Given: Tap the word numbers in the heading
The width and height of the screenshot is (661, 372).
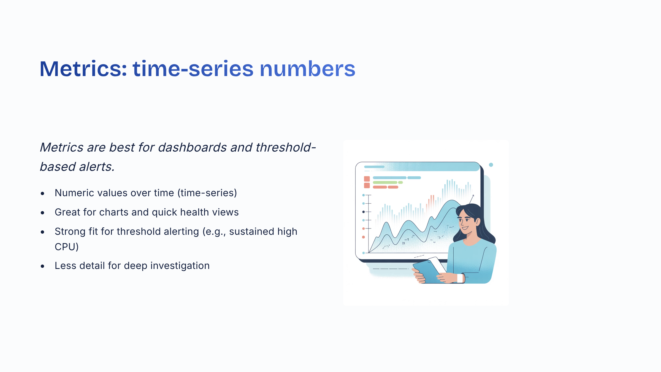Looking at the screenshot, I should click(307, 69).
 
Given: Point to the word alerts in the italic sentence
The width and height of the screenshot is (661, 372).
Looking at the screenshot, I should click(97, 167).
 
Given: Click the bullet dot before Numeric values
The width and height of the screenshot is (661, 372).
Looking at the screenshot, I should click(42, 194).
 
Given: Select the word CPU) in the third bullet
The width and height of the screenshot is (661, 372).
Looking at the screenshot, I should click(67, 247).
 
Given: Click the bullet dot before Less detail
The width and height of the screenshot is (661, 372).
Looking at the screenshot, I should click(42, 266).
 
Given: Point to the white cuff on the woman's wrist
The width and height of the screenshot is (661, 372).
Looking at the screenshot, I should click(460, 278).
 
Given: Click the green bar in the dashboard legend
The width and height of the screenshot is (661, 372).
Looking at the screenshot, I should click(385, 182).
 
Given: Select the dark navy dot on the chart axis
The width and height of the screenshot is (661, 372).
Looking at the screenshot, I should click(364, 212).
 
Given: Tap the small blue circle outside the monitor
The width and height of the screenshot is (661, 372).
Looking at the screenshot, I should click(491, 165).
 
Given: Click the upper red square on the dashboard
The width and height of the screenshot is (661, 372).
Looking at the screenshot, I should click(367, 179).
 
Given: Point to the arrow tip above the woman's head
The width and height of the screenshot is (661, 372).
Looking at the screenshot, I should click(473, 195).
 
